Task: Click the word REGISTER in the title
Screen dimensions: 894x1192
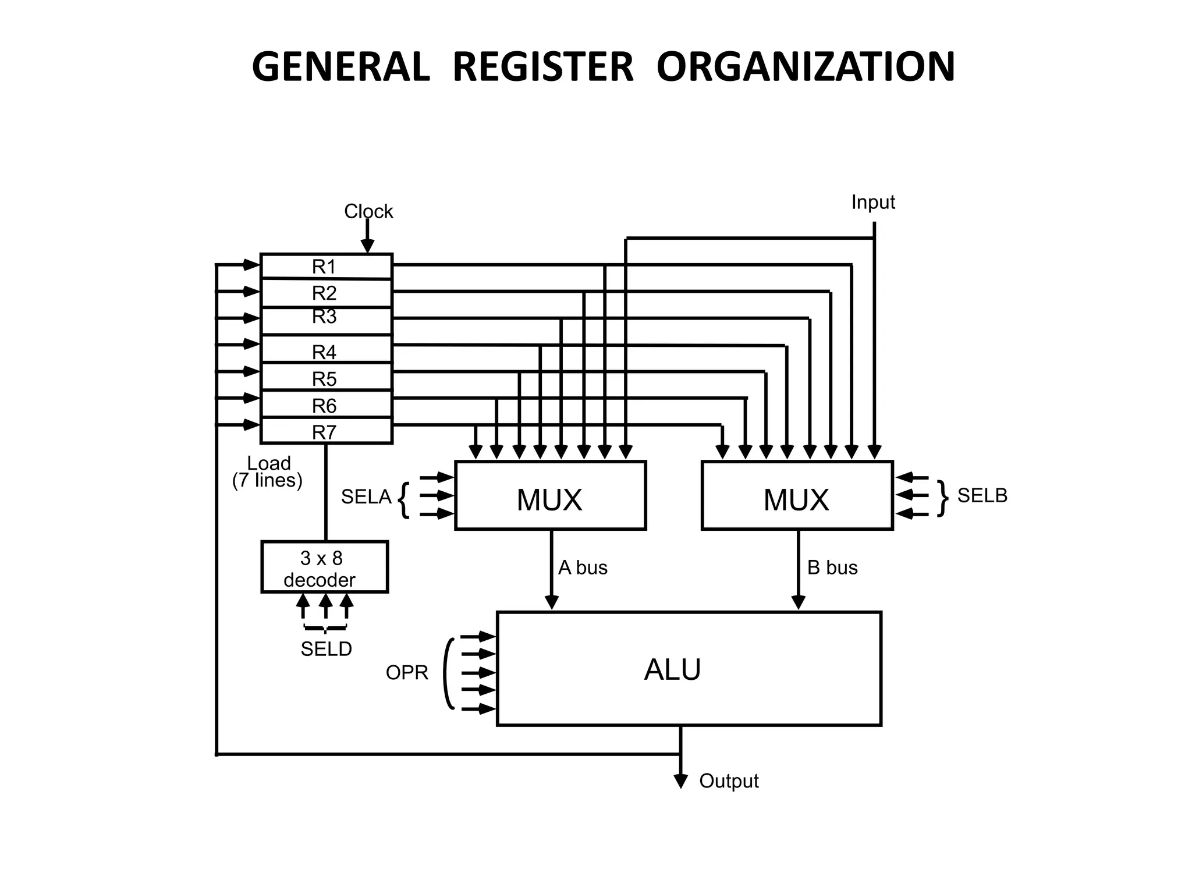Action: coord(542,67)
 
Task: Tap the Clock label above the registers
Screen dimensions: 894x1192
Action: coord(368,211)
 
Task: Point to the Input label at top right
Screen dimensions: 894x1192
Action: coord(872,202)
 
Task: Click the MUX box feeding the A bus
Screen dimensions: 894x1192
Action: coord(550,496)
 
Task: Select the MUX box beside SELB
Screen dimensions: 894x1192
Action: coord(797,496)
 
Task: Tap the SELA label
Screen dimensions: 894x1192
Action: coord(366,497)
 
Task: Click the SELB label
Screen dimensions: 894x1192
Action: coord(982,496)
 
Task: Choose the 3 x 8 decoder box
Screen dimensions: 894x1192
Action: coord(324,567)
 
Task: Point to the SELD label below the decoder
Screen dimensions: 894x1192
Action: coord(326,649)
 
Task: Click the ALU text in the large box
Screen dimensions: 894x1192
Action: coord(672,670)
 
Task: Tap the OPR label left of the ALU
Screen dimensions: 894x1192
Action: coord(407,673)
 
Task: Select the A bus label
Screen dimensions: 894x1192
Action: coord(583,567)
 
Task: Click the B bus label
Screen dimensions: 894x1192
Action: coord(832,567)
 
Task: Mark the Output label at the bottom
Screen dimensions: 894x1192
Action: coord(729,781)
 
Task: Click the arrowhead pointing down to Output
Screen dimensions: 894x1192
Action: coord(680,781)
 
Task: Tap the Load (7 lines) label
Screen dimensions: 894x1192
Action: coord(268,471)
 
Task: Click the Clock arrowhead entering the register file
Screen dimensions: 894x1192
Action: coord(367,246)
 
